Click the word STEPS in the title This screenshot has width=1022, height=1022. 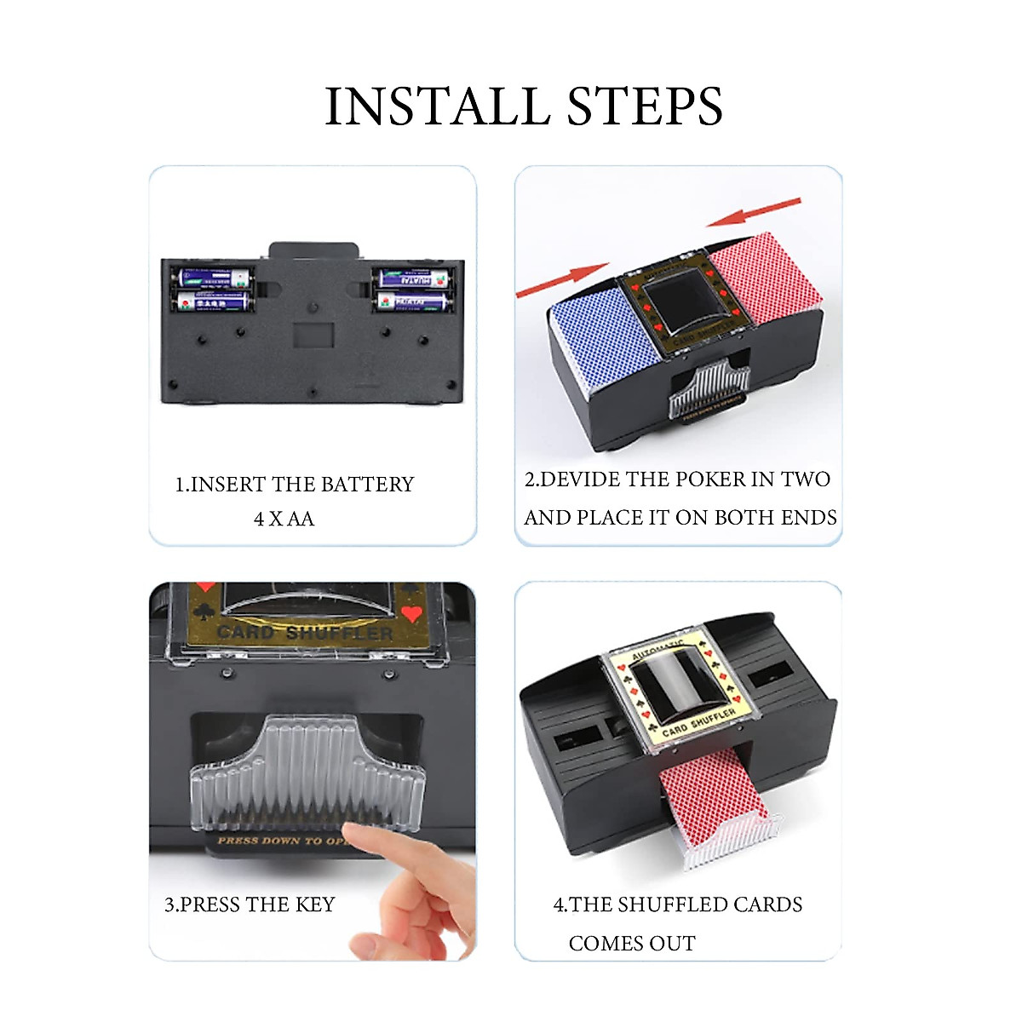(x=645, y=107)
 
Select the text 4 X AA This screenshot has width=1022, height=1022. (x=284, y=519)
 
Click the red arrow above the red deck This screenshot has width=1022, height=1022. (x=754, y=212)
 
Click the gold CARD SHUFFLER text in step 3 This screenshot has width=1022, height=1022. (x=305, y=633)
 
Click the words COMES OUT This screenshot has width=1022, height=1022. (x=632, y=944)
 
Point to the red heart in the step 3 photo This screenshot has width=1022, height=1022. (x=412, y=614)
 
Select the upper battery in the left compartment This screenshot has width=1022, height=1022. (x=213, y=278)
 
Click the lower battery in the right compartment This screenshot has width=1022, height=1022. (x=413, y=301)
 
